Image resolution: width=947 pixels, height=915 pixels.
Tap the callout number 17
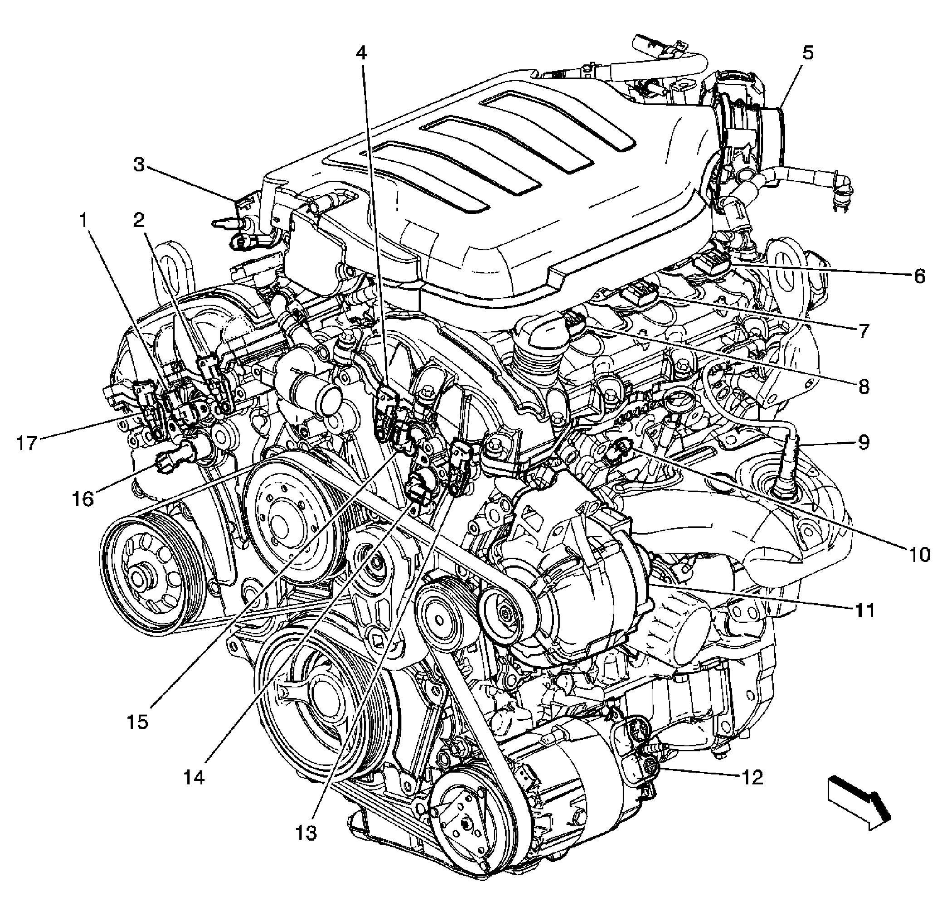27,443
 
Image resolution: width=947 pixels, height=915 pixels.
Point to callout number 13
306,832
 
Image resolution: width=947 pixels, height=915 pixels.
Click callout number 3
139,165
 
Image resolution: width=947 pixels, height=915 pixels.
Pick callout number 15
138,722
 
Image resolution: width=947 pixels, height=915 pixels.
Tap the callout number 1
83,221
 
